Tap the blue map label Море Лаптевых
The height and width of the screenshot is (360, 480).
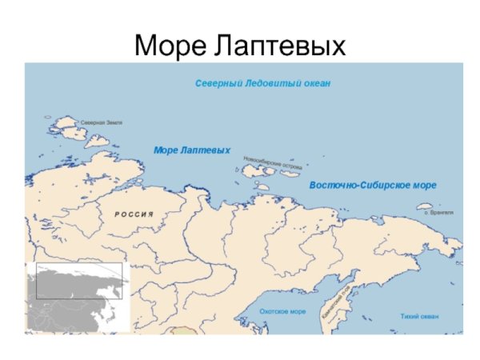[x=191, y=150]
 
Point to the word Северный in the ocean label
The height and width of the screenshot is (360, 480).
[x=218, y=83]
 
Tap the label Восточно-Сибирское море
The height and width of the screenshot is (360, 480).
[x=372, y=185]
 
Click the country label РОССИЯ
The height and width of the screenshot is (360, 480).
[x=133, y=214]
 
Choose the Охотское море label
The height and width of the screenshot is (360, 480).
[x=282, y=312]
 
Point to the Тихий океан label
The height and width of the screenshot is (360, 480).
[x=419, y=317]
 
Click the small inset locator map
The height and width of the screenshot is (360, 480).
[x=76, y=296]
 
